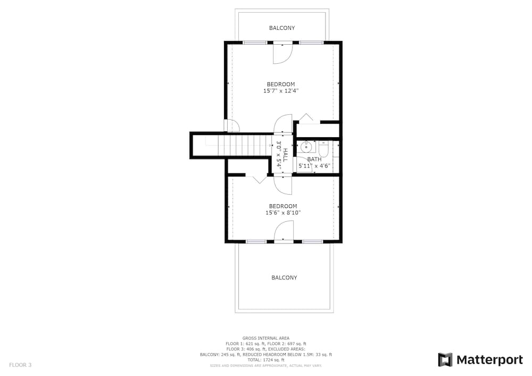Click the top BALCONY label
point(282,28)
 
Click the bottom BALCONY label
point(284,278)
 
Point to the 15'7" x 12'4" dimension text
point(281,91)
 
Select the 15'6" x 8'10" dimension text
point(283,213)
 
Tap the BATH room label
point(314,159)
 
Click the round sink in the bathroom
point(306,147)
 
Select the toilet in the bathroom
point(323,149)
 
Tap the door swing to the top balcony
point(283,53)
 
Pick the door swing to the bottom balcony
point(284,231)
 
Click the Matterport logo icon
point(445,360)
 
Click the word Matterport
point(489,360)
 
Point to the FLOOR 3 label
point(20,365)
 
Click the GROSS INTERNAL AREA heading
point(266,338)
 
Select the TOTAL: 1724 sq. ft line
point(266,360)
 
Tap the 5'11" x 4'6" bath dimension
point(314,166)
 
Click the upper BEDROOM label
point(281,84)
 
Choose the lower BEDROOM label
point(283,206)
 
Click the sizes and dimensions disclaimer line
point(266,366)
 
